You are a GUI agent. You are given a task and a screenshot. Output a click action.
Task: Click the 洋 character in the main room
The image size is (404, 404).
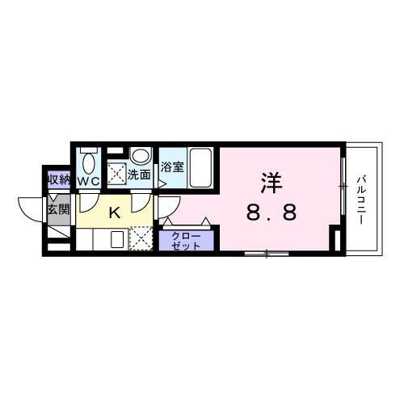(271, 183)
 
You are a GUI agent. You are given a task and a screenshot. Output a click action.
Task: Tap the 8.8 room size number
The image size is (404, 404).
(271, 213)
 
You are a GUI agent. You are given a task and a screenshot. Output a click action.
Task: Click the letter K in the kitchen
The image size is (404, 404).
(114, 213)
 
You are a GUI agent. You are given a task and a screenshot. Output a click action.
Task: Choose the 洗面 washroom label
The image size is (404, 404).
(139, 174)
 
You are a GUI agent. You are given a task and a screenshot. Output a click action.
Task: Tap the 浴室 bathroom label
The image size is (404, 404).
(171, 168)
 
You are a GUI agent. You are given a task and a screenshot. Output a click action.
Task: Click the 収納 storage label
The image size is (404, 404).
(57, 179)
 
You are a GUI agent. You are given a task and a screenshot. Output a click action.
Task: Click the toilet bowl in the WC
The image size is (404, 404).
(88, 162)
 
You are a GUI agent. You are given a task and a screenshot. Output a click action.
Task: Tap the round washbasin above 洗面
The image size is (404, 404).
(140, 155)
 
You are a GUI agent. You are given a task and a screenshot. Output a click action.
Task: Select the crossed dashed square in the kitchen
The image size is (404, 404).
(141, 240)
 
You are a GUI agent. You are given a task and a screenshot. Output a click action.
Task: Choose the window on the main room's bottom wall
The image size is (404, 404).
(267, 254)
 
